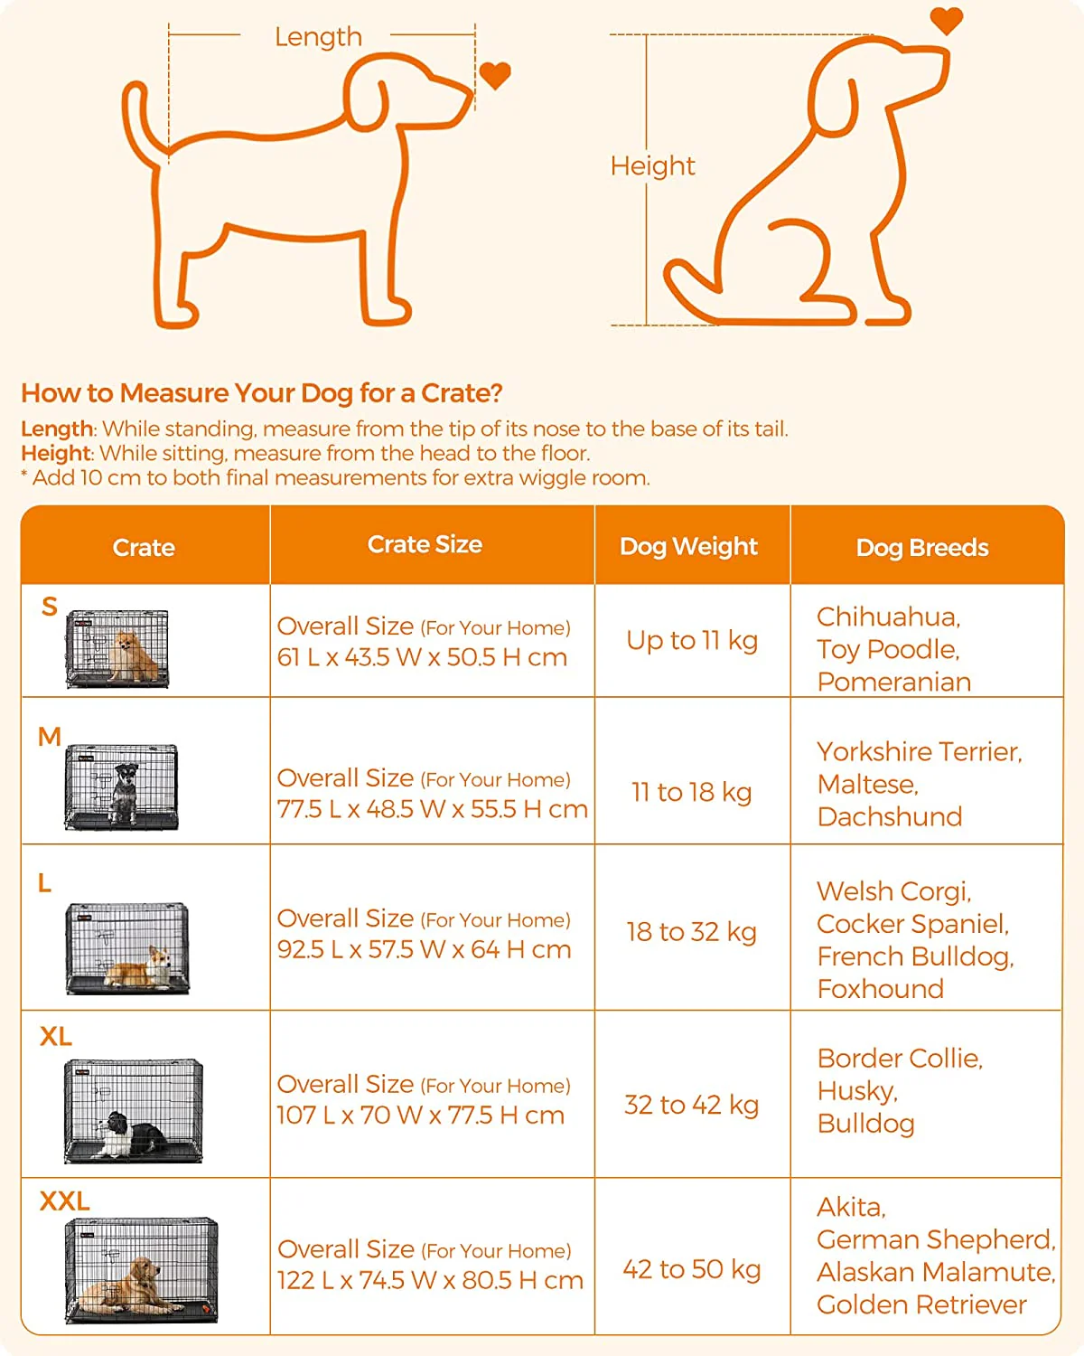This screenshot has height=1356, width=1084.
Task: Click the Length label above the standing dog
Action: pos(318,37)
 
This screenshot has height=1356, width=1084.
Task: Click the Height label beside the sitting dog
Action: pos(652,166)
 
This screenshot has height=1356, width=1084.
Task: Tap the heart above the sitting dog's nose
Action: pos(946,21)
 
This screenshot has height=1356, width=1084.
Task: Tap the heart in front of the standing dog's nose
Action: pos(495,76)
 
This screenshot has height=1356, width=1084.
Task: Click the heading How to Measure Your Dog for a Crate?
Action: pos(262,392)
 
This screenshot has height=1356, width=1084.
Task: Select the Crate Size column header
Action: pos(425,544)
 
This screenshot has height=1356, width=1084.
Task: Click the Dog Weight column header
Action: pos(688,547)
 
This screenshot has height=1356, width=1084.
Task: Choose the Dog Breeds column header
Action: pos(922,548)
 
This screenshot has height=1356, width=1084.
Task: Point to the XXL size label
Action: pos(64,1201)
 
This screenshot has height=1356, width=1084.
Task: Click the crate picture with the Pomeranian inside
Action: pos(117,648)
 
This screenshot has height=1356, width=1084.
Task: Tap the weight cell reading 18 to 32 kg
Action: pos(691,932)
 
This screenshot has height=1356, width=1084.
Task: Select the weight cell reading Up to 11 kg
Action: pos(692,641)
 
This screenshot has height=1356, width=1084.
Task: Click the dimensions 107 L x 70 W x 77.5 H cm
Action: pos(420,1116)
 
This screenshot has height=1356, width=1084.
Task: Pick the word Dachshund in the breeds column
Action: pos(890,816)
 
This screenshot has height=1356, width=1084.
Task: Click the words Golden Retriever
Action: pos(921,1304)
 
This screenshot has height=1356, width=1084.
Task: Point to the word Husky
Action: pos(857,1091)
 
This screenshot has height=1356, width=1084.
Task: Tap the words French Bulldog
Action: pos(915,956)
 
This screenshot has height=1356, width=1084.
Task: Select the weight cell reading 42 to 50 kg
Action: pos(692,1269)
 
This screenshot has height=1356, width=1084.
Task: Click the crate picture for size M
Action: pos(121,787)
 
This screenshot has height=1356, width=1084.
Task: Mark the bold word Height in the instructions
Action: pos(56,453)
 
